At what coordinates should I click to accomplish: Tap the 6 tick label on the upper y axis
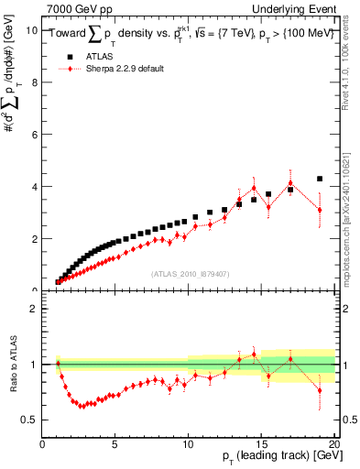pos(35,134)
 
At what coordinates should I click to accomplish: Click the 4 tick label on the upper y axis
pos(35,186)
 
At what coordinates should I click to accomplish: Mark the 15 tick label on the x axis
pos(261,446)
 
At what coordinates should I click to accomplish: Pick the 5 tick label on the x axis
pos(115,446)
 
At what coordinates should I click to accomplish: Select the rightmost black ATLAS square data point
pos(319,179)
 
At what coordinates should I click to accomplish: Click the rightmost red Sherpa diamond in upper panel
pos(319,210)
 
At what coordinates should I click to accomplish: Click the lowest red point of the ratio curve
pos(82,405)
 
